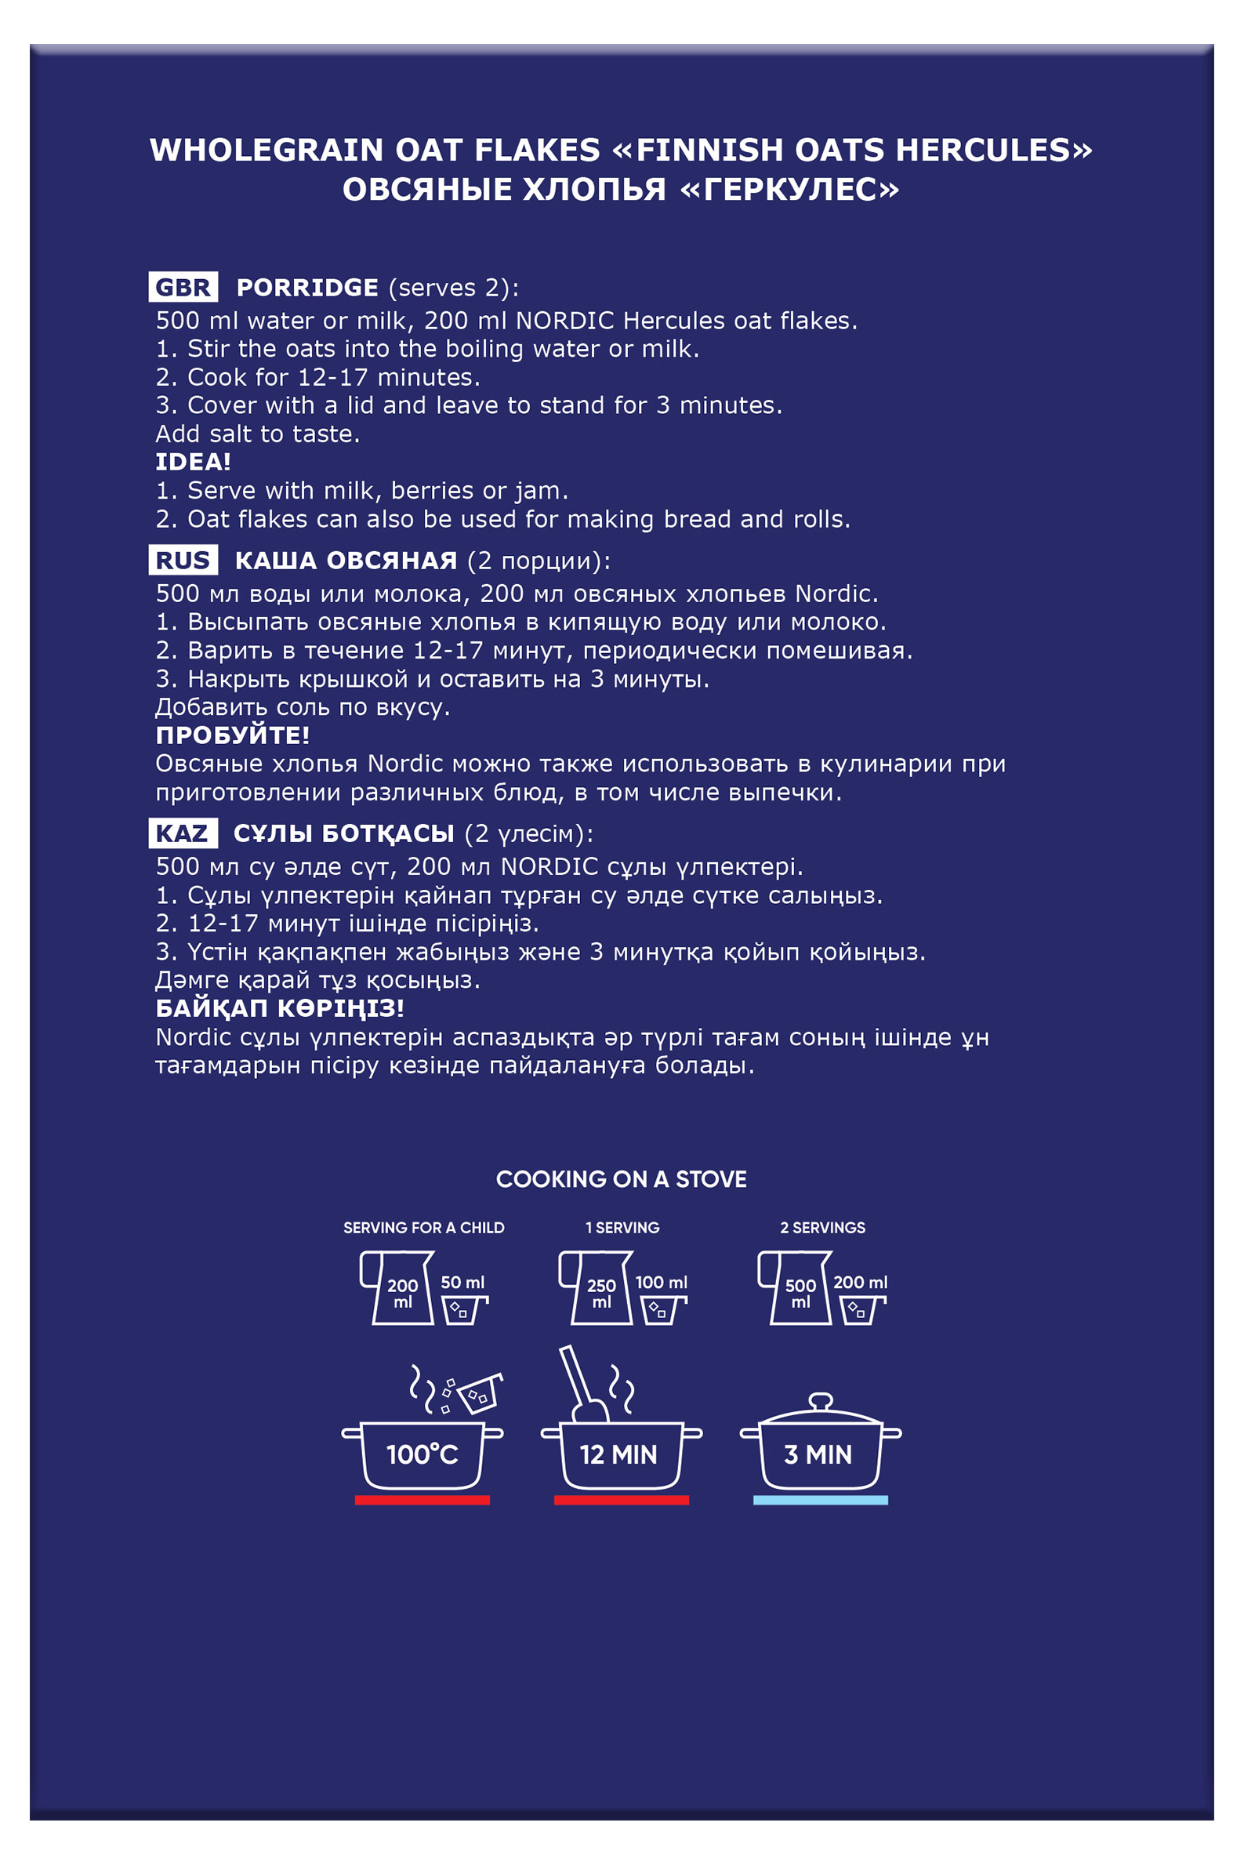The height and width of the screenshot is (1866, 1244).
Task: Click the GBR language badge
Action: pyautogui.click(x=183, y=287)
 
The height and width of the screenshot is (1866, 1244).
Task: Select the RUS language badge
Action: pyautogui.click(x=183, y=560)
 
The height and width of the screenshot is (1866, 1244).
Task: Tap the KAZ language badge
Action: pyautogui.click(x=183, y=833)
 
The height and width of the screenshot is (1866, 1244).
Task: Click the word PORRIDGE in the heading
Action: pyautogui.click(x=307, y=287)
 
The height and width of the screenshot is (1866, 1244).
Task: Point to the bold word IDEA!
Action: pyautogui.click(x=193, y=462)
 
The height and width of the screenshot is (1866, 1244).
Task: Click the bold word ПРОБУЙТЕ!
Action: pyautogui.click(x=233, y=735)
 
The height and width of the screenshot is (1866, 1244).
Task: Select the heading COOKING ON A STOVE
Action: pyautogui.click(x=621, y=1179)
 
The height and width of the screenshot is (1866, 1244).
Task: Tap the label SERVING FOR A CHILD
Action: pyautogui.click(x=423, y=1227)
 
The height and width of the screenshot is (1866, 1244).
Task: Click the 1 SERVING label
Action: pyautogui.click(x=622, y=1227)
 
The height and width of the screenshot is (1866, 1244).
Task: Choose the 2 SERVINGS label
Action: pyautogui.click(x=823, y=1227)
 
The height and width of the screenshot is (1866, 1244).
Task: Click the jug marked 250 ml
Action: pyautogui.click(x=597, y=1287)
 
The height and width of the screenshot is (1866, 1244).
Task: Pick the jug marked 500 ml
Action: pyautogui.click(x=796, y=1287)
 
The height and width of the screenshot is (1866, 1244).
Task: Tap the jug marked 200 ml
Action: pyautogui.click(x=397, y=1287)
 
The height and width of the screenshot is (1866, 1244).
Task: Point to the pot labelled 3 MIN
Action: pyautogui.click(x=821, y=1448)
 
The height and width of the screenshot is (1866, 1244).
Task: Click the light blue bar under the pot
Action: pyautogui.click(x=821, y=1501)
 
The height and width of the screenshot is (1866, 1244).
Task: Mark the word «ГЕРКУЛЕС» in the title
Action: pyautogui.click(x=789, y=190)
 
